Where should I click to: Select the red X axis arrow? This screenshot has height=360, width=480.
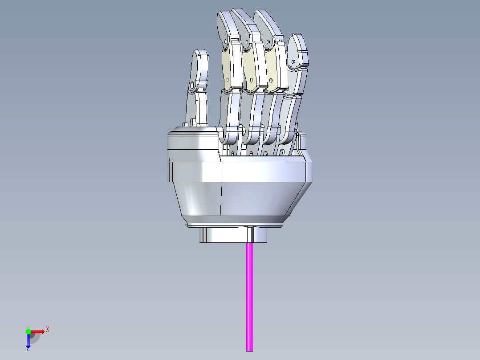tap(38, 331)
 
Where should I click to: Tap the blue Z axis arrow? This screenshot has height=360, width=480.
tap(28, 341)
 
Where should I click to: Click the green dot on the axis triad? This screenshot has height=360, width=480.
tap(28, 331)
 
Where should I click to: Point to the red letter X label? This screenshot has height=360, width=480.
tap(48, 329)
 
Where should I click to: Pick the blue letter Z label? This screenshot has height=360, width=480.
tap(28, 350)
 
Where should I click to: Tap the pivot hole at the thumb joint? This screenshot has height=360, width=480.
tap(192, 85)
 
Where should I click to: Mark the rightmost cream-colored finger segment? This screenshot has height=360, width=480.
tap(275, 65)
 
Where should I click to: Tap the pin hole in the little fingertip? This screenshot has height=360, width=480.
tap(293, 61)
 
